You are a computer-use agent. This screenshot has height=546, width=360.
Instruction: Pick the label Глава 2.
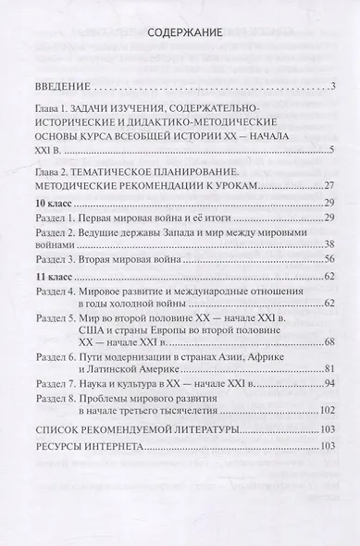pos(47,173)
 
